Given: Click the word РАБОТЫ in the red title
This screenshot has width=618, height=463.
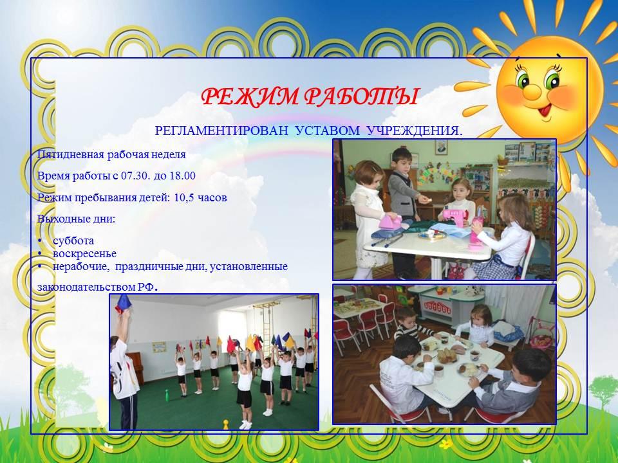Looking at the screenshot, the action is pyautogui.click(x=362, y=96).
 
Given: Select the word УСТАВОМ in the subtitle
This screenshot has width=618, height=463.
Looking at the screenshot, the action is pyautogui.click(x=328, y=131).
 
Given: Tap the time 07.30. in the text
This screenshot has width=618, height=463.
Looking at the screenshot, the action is pyautogui.click(x=136, y=176).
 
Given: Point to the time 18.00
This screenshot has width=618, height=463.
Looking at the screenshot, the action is pyautogui.click(x=182, y=176).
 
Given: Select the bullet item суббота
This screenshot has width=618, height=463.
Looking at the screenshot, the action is pyautogui.click(x=73, y=241).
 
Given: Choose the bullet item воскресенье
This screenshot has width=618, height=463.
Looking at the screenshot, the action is pyautogui.click(x=84, y=253).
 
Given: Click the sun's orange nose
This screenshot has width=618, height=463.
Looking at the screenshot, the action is pyautogui.click(x=532, y=91).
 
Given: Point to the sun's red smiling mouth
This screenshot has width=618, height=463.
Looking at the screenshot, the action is pyautogui.click(x=545, y=110).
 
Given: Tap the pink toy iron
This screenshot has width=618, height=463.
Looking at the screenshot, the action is pyautogui.click(x=390, y=222).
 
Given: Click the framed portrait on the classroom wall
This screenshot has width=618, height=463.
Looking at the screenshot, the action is pyautogui.click(x=442, y=147).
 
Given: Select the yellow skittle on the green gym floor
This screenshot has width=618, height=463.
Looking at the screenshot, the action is pyautogui.click(x=226, y=424).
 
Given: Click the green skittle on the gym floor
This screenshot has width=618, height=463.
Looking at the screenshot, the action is pyautogui.click(x=167, y=395).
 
